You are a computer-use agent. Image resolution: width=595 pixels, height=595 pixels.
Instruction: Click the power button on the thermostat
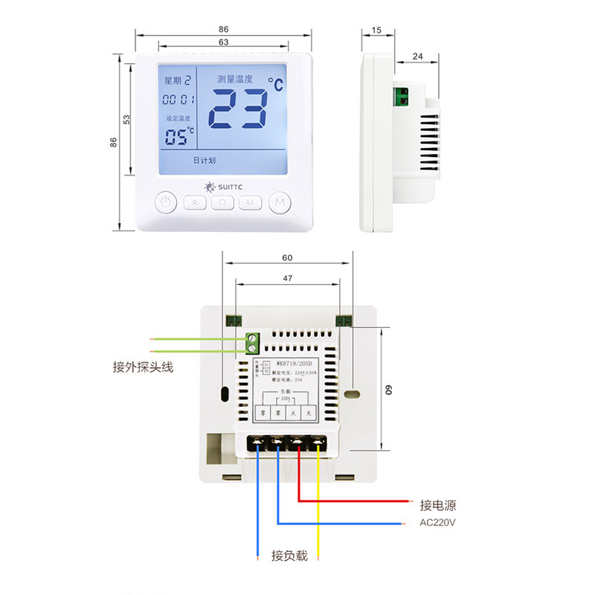pyautogui.click(x=166, y=202)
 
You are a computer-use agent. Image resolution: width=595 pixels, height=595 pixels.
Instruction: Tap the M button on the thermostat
pyautogui.click(x=279, y=202)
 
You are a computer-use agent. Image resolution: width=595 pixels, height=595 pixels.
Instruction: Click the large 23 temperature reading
pyautogui.click(x=237, y=109)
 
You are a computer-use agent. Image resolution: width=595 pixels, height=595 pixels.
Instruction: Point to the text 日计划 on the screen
pyautogui.click(x=204, y=160)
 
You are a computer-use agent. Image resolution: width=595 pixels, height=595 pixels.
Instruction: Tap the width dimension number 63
pyautogui.click(x=223, y=42)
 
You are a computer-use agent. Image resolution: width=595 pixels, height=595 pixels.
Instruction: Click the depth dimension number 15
pyautogui.click(x=376, y=30)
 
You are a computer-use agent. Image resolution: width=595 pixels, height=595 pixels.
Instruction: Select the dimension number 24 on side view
pyautogui.click(x=417, y=57)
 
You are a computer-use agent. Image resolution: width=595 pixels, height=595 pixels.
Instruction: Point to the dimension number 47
pyautogui.click(x=288, y=277)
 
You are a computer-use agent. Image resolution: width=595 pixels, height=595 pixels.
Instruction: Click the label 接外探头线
pyautogui.click(x=143, y=367)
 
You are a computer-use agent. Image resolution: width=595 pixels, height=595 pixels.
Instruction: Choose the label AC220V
pyautogui.click(x=437, y=523)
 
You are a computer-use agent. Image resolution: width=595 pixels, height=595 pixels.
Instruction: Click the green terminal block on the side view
pyautogui.click(x=402, y=95)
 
